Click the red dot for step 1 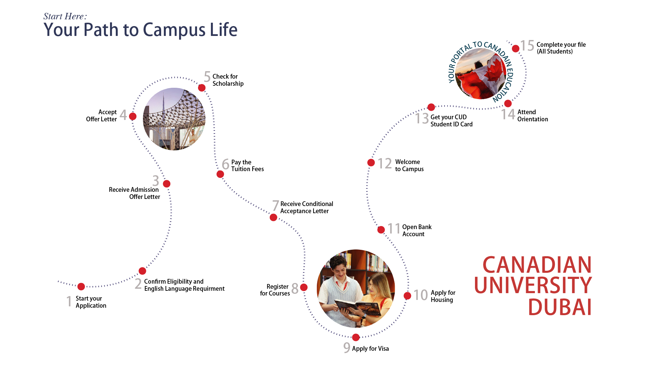[81, 287]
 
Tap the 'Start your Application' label [91, 302]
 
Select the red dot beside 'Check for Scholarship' [202, 88]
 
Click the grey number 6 [225, 164]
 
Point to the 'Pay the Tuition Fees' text [247, 166]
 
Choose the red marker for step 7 [274, 218]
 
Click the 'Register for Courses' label [275, 290]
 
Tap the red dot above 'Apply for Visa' [356, 338]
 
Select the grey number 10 [421, 295]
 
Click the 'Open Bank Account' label [417, 230]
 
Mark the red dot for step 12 [371, 163]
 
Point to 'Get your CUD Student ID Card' [451, 121]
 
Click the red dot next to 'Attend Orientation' [508, 104]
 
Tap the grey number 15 [527, 46]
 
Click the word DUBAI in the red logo [560, 307]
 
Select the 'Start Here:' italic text [65, 16]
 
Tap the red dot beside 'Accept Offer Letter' [133, 117]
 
